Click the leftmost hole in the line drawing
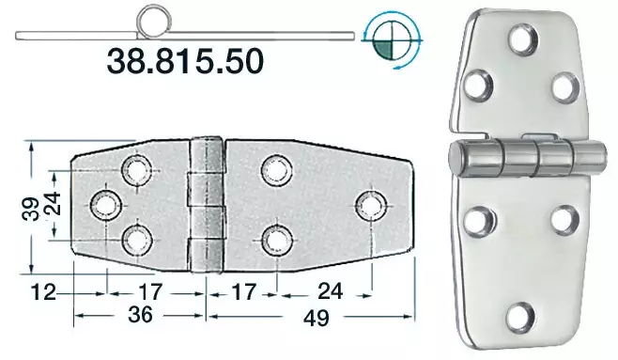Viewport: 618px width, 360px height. point(103,204)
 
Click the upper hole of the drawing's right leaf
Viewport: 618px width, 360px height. point(275,169)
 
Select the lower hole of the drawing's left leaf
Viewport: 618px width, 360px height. point(137,239)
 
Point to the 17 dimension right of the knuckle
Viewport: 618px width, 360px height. point(242,292)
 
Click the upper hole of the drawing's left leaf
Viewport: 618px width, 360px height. point(137,170)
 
